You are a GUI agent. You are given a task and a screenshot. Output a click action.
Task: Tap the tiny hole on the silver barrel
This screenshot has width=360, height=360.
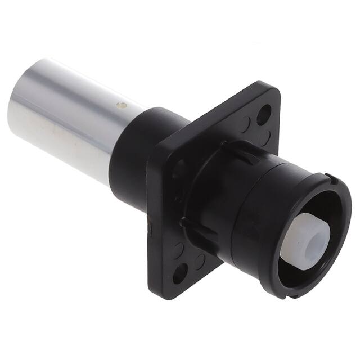119,105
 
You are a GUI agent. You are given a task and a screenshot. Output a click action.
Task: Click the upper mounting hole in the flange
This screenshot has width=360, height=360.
263,115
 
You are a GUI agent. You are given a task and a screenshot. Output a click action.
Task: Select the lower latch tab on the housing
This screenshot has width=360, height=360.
194,225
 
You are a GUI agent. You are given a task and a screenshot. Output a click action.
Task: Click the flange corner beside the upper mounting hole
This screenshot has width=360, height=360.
273,93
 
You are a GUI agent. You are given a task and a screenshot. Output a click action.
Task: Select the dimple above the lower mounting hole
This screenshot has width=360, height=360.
179,247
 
